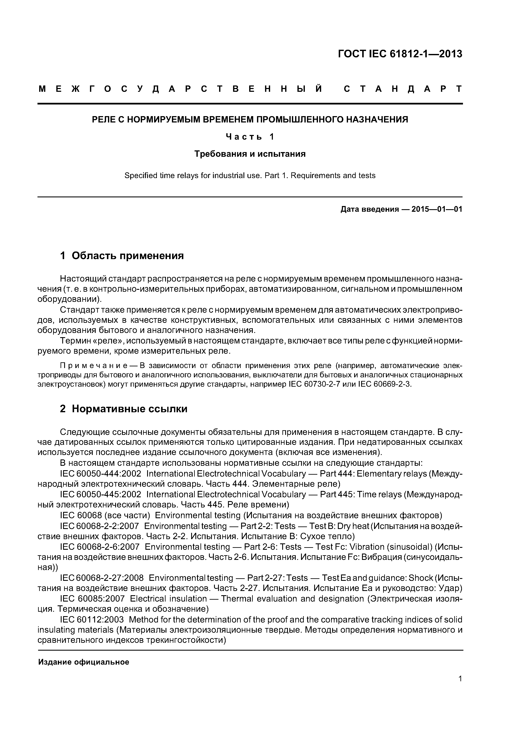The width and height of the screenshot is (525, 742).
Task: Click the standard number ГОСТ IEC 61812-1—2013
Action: (400, 54)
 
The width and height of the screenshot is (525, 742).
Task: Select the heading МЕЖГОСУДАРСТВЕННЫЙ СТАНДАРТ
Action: (250, 89)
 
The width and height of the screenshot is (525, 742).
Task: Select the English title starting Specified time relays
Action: (250, 176)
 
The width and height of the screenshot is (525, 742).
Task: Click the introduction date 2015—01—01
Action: (437, 209)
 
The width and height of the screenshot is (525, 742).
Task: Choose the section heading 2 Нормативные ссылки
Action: (124, 409)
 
